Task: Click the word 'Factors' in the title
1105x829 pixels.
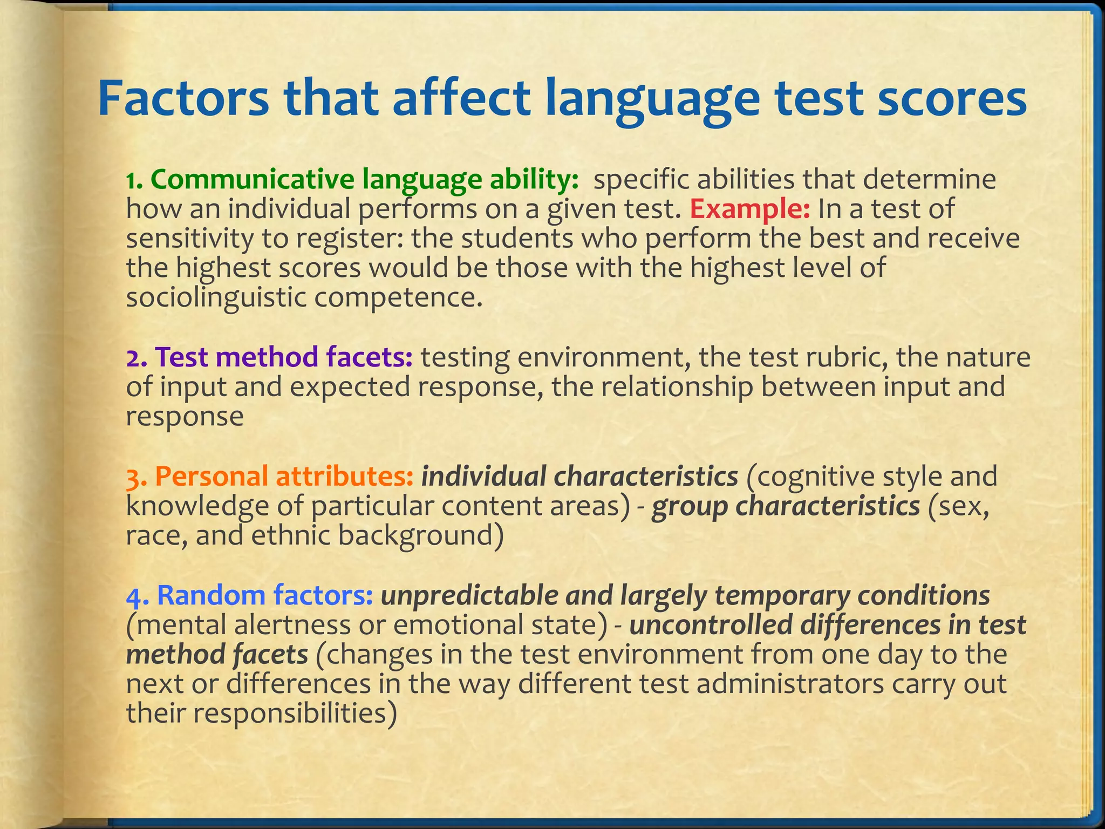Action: pyautogui.click(x=182, y=99)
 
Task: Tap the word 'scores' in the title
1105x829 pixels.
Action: pyautogui.click(x=951, y=99)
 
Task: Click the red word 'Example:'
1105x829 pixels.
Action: pyautogui.click(x=749, y=209)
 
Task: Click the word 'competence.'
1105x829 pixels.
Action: pyautogui.click(x=398, y=297)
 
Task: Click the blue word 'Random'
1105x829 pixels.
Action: pyautogui.click(x=210, y=595)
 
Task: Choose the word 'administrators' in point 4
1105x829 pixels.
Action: pyautogui.click(x=788, y=684)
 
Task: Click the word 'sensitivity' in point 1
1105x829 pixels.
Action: pyautogui.click(x=189, y=239)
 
